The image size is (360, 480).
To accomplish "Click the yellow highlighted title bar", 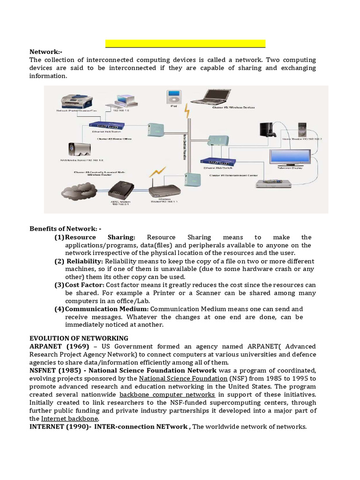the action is point(185,44).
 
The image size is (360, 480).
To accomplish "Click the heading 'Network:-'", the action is point(46,52).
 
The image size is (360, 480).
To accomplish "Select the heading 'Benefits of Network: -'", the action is point(65,229).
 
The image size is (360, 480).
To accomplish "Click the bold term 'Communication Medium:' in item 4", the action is point(107,309).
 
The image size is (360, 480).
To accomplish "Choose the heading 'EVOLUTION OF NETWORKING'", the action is point(79,338).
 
